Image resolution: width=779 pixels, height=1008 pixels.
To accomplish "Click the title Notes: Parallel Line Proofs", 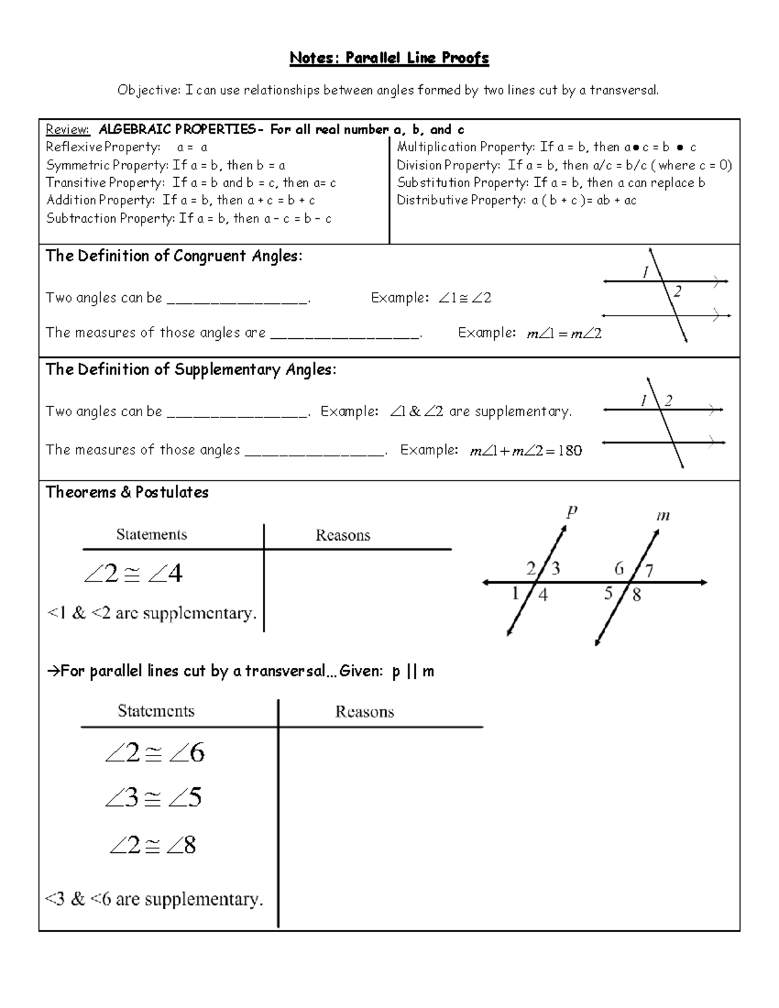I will (389, 58).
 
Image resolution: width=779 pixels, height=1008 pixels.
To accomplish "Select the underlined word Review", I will (67, 130).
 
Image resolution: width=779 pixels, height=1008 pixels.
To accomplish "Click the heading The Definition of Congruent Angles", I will (173, 256).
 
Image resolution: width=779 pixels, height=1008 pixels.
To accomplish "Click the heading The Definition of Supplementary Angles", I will (190, 370).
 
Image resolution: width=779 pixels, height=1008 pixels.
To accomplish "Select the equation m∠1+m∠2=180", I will (526, 451).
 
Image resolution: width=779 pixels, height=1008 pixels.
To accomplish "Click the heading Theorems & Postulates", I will (127, 493).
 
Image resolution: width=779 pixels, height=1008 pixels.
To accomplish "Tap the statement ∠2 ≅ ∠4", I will (133, 574).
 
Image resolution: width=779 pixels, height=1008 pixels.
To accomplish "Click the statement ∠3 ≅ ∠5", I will (153, 798).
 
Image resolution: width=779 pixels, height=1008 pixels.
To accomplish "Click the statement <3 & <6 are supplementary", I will (154, 900).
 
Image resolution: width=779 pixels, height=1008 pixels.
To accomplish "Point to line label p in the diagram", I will (571, 512).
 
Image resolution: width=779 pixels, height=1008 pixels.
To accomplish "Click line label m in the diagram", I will (663, 517).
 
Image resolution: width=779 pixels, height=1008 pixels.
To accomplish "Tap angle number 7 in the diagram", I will (649, 571).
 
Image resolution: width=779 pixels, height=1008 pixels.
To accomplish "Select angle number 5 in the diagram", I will (608, 593).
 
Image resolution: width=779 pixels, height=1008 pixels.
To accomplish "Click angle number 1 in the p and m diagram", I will (515, 593).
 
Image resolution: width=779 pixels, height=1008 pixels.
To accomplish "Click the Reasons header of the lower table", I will (364, 712).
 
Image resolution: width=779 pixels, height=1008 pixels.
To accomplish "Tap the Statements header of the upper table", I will (151, 535).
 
